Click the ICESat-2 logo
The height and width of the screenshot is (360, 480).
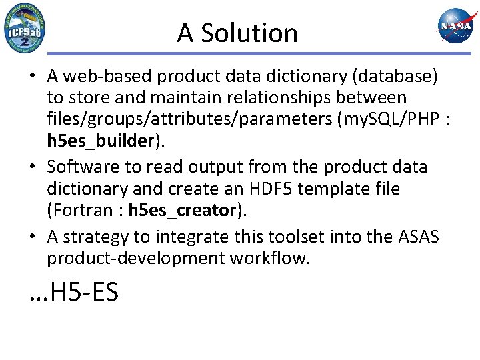(24, 28)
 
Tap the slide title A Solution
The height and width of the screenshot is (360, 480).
(237, 33)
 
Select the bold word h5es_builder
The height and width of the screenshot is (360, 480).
(100, 141)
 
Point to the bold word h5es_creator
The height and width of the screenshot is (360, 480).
(182, 210)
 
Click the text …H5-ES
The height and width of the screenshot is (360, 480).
(74, 291)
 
